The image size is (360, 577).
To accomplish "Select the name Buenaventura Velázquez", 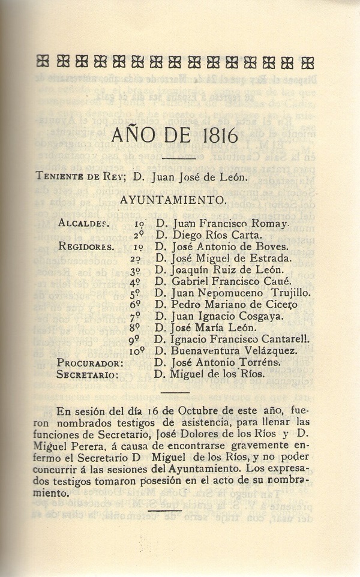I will click(x=231, y=351).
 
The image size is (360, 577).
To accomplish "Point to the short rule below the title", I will click(x=179, y=158).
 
